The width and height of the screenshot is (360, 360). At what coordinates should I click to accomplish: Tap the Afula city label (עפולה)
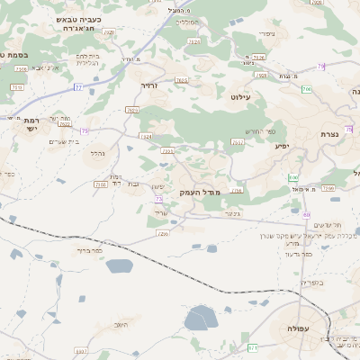(297, 329)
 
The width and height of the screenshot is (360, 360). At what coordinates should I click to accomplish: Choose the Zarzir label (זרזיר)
(149, 86)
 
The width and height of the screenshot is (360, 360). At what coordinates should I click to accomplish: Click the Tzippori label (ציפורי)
(265, 34)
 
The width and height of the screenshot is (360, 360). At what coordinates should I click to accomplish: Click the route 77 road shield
(78, 87)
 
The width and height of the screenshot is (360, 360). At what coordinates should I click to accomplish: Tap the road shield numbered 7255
(163, 234)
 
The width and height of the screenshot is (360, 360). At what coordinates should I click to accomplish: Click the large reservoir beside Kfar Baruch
(119, 265)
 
